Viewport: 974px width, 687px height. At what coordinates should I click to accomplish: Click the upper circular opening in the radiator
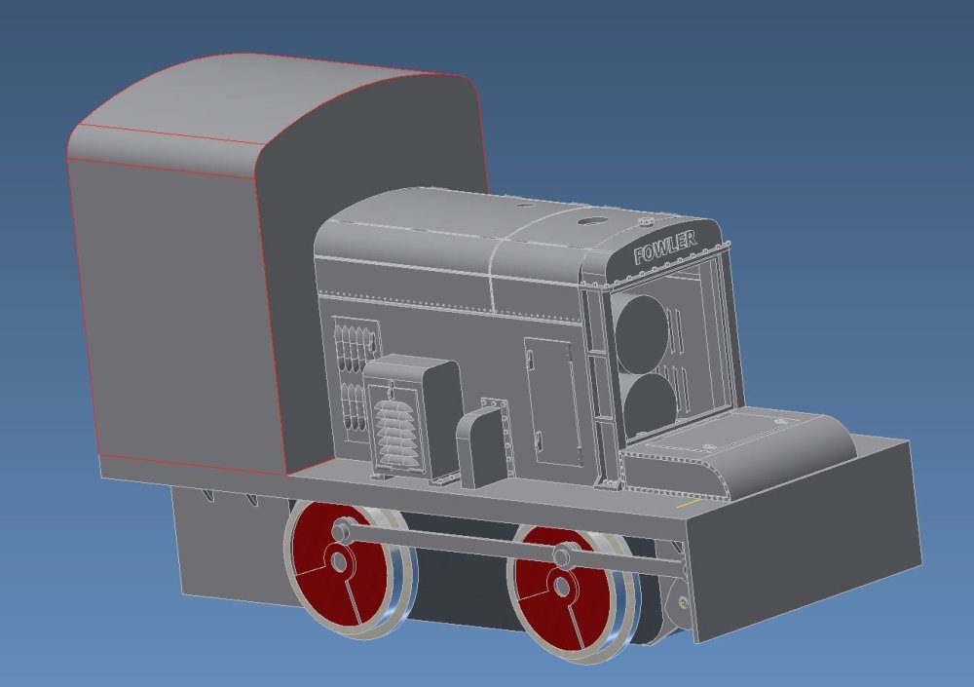[641, 335]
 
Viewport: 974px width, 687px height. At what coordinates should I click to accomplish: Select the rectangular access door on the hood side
[553, 401]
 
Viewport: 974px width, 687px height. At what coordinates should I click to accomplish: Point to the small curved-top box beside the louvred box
[482, 444]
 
